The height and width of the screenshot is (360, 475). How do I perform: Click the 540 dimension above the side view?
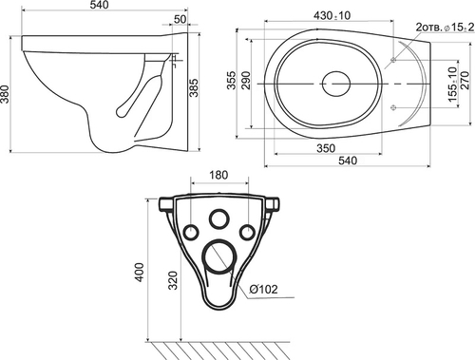pyautogui.click(x=99, y=5)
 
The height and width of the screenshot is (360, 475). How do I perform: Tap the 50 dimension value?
pyautogui.click(x=180, y=19)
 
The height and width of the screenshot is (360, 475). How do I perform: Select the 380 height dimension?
pyautogui.click(x=5, y=94)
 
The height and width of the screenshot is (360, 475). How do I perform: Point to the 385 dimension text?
pyautogui.click(x=194, y=87)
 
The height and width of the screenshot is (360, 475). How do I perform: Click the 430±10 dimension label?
pyautogui.click(x=332, y=15)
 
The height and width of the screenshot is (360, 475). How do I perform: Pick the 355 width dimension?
pyautogui.click(x=232, y=80)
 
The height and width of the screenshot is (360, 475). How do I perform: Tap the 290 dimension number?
pyautogui.click(x=246, y=80)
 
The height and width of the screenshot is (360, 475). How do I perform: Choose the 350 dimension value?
pyautogui.click(x=326, y=148)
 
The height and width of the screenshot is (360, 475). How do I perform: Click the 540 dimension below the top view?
pyautogui.click(x=348, y=161)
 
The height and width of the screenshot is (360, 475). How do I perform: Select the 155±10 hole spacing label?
pyautogui.click(x=453, y=84)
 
